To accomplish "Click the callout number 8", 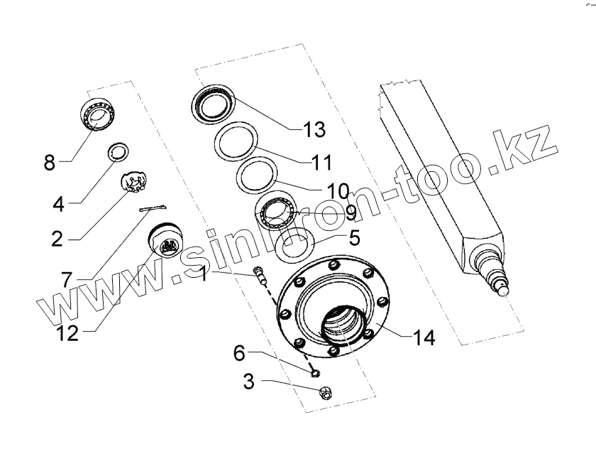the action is click(48, 163).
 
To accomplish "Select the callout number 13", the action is click(313, 129).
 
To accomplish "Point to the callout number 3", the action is click(248, 382).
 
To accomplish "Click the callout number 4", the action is click(58, 205).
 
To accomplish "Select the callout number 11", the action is click(321, 162).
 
